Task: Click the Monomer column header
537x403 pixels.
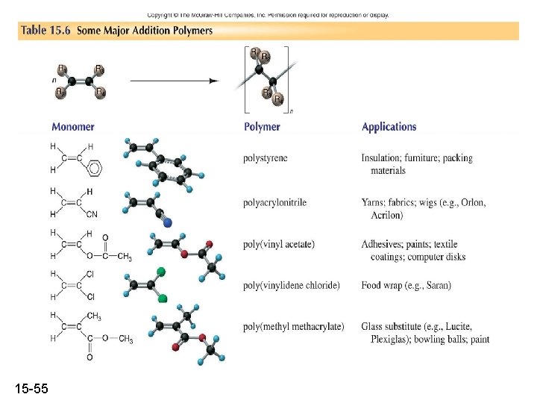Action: pos(73,127)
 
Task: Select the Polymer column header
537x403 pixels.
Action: pos(262,127)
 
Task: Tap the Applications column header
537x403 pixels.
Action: pos(389,127)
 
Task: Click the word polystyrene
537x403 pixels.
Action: pos(265,158)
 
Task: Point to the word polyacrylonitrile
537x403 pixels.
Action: pos(274,202)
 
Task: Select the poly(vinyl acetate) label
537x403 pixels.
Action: pos(279,244)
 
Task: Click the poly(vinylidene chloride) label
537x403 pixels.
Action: pos(291,285)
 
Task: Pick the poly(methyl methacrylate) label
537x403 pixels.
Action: pos(294,326)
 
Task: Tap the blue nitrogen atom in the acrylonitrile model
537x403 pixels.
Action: pos(167,222)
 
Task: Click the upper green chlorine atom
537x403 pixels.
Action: pos(160,271)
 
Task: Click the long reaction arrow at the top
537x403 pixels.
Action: pos(175,81)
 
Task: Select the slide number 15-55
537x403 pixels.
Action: pos(31,388)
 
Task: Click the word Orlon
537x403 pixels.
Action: pos(473,202)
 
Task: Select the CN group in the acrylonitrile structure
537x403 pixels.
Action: pos(92,215)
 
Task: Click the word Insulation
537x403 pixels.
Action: pos(383,158)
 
